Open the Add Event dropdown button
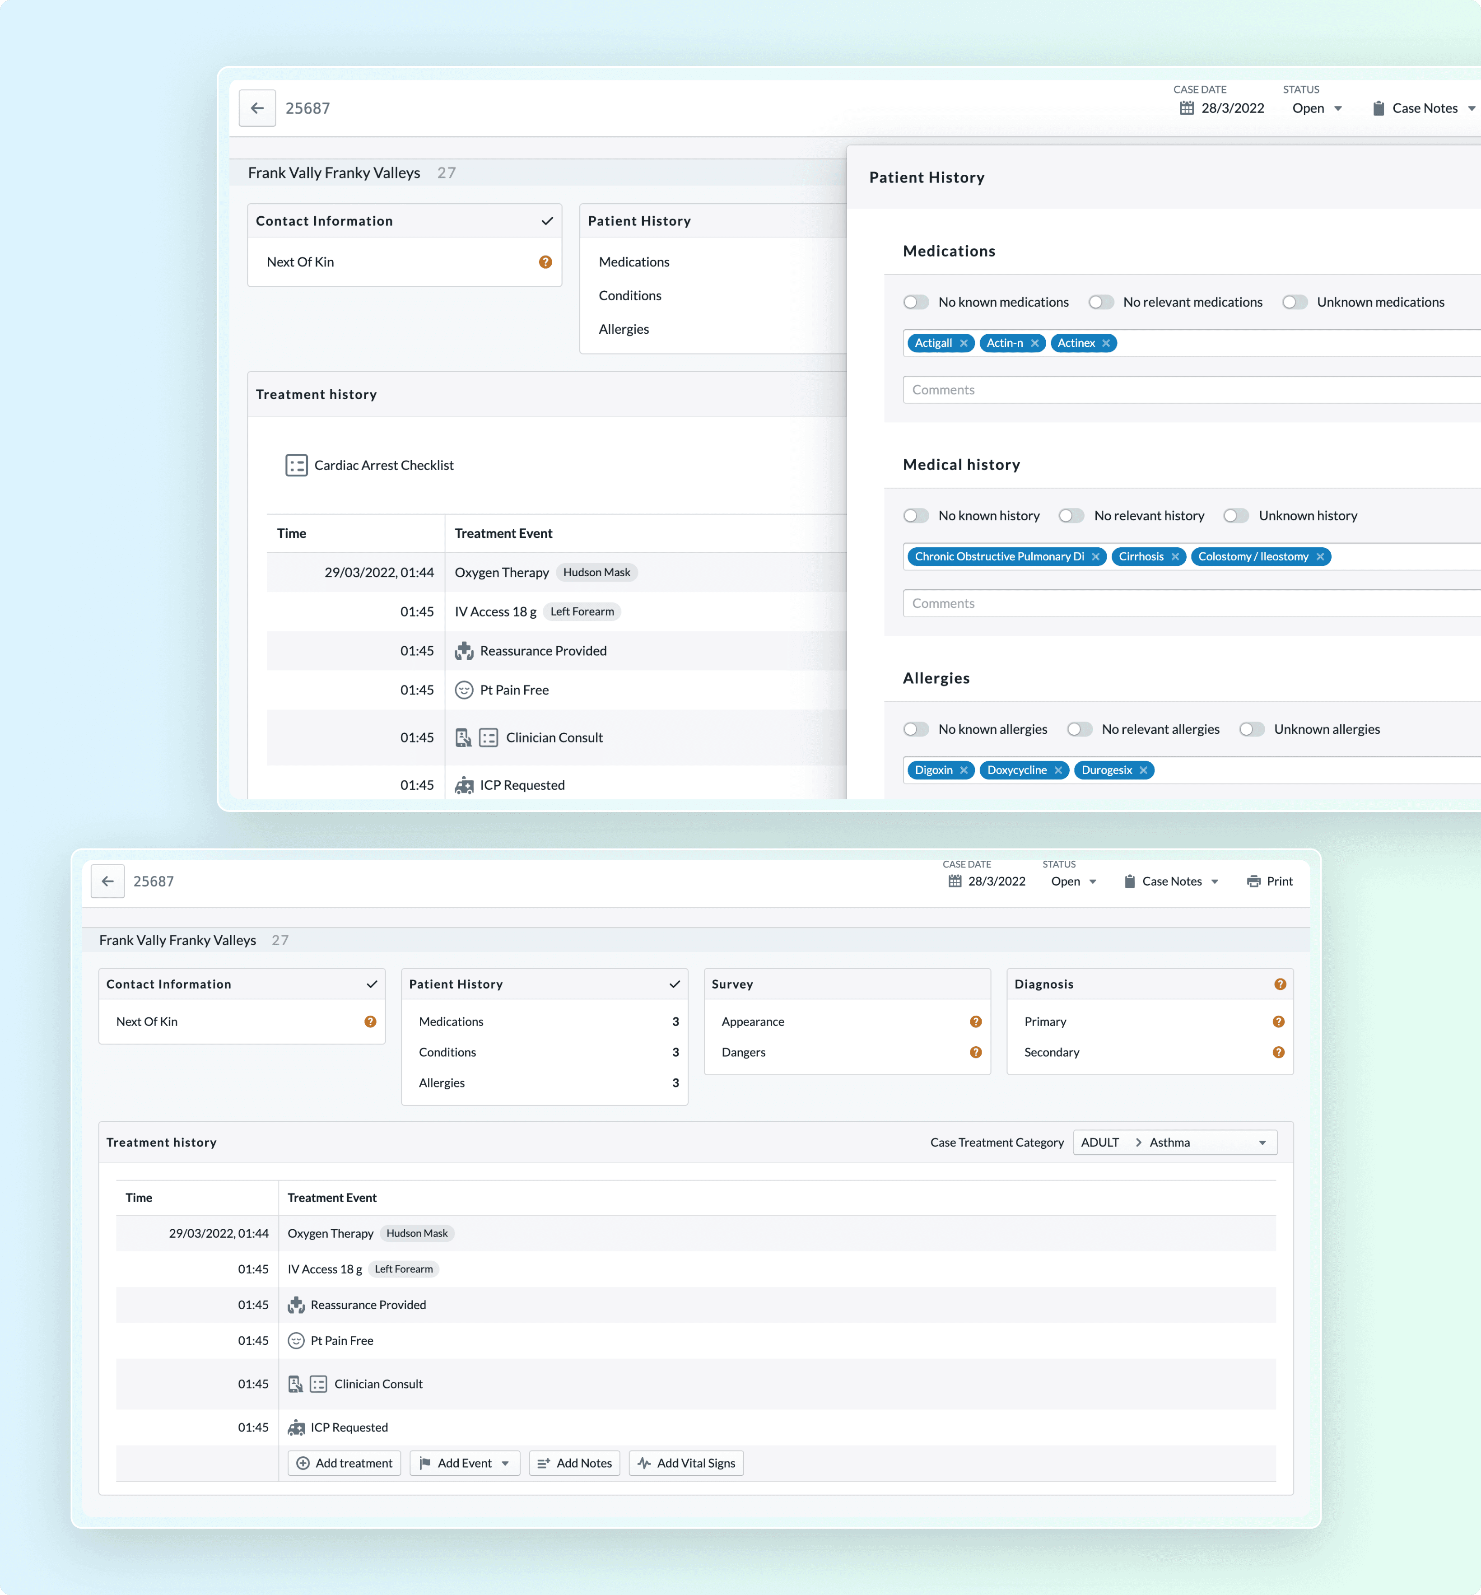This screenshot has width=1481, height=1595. pyautogui.click(x=465, y=1463)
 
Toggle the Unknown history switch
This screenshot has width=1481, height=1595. pyautogui.click(x=1236, y=515)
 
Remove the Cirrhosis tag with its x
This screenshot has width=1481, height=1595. pyautogui.click(x=1175, y=556)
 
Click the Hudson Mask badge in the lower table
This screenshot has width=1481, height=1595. pyautogui.click(x=417, y=1233)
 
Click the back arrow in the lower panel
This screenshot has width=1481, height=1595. pyautogui.click(x=107, y=881)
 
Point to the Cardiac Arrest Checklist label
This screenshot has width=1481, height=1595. pyautogui.click(x=384, y=465)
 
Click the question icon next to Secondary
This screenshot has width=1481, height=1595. pyautogui.click(x=1278, y=1052)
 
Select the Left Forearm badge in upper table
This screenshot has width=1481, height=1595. pyautogui.click(x=582, y=611)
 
